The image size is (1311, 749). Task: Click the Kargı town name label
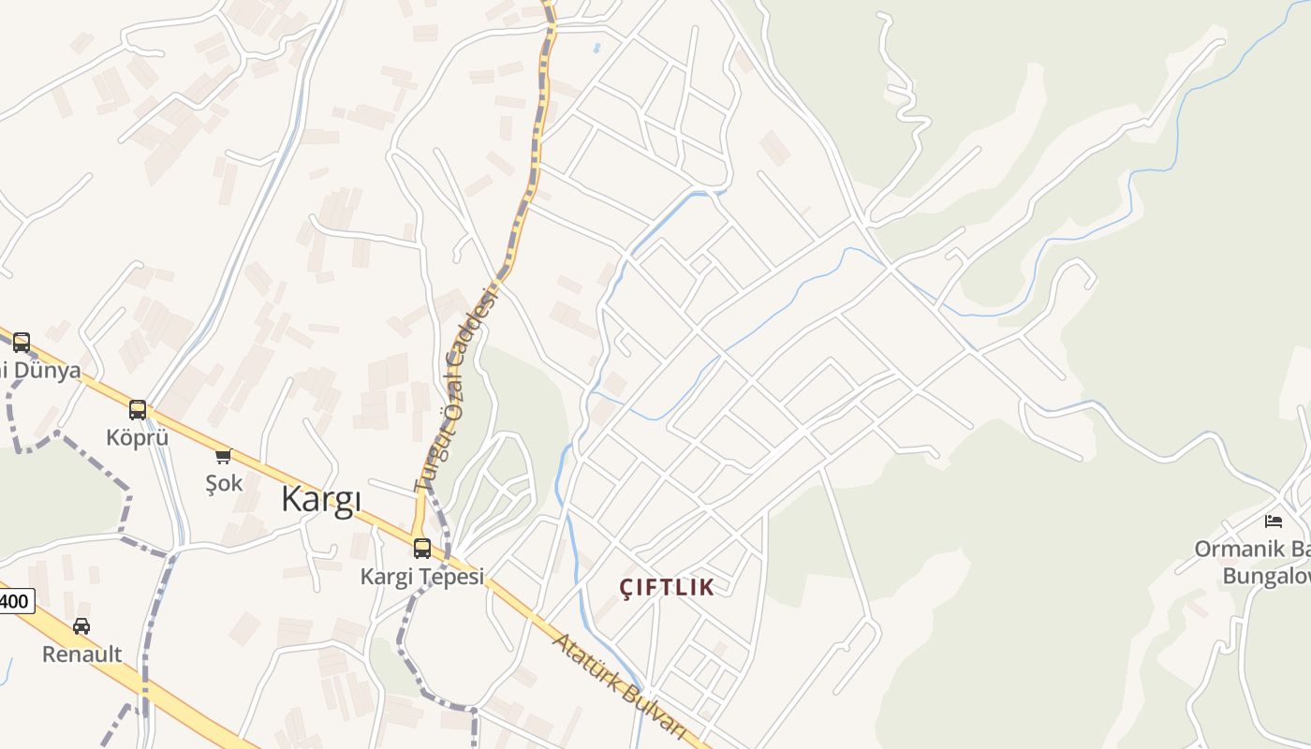[321, 500]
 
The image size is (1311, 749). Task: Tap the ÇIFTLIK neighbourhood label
[667, 587]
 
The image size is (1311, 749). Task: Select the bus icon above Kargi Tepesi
[422, 549]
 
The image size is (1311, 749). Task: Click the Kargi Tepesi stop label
[422, 576]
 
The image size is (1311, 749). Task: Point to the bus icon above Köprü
[138, 410]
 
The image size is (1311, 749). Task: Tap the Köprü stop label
[137, 437]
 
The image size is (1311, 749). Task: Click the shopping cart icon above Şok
[223, 456]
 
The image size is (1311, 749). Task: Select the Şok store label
[224, 483]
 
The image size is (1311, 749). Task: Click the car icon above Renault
[81, 626]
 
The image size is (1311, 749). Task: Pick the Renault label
[81, 654]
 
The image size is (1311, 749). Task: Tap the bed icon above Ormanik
[1274, 521]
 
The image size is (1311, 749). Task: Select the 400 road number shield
[14, 600]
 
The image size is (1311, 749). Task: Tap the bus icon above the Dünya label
[22, 343]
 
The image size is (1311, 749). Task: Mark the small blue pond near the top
[597, 47]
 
